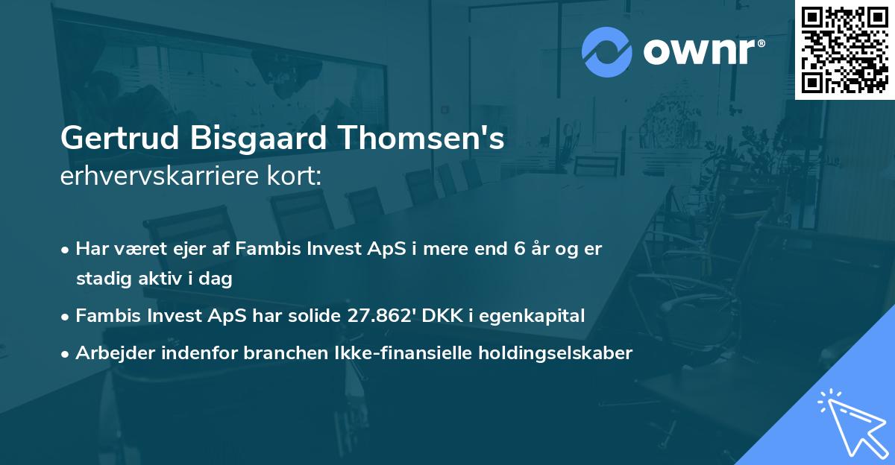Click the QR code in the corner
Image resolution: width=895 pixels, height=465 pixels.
[x=844, y=49]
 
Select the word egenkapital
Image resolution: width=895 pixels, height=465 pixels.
[x=531, y=316]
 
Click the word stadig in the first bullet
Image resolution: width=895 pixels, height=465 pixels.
[x=99, y=279]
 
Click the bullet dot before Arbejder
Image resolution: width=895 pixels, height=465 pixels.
[x=66, y=354]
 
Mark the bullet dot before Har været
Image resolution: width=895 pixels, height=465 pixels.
[x=66, y=250]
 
